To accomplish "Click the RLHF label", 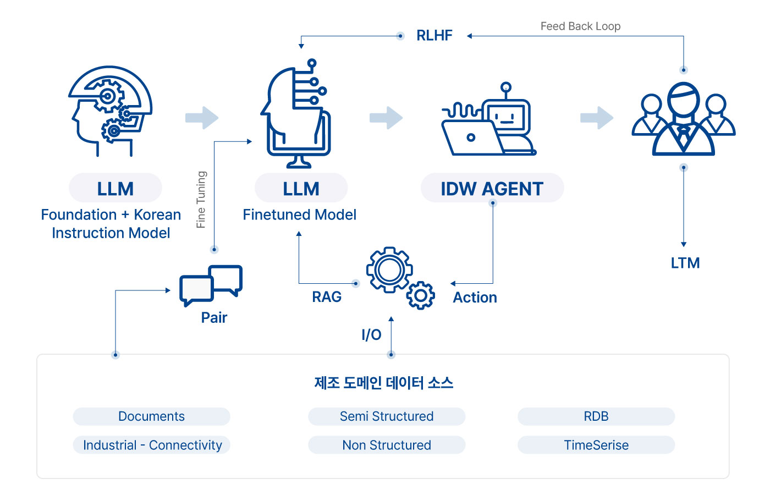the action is point(434,35).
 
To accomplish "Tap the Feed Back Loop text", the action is point(580,26).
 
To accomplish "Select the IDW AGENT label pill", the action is point(492,188).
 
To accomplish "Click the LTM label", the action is point(685,263).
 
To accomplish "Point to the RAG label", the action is point(327,296).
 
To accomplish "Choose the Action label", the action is point(475,298).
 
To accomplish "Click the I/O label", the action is point(371,334).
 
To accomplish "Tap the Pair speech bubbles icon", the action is point(211,285).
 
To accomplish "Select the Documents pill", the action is point(152,416).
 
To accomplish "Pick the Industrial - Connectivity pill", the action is point(152,445).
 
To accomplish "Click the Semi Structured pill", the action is point(387,416).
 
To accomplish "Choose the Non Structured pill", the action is point(387,445).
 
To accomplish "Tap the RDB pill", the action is point(596,416).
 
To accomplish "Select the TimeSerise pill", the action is point(596,445).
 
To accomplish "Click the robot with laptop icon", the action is point(489,119).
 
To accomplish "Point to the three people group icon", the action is point(683,119).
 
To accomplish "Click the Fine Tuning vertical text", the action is point(201,200).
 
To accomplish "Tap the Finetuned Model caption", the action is point(299,215).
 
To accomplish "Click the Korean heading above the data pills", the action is point(384,383).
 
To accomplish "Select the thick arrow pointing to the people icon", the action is point(597,118).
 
